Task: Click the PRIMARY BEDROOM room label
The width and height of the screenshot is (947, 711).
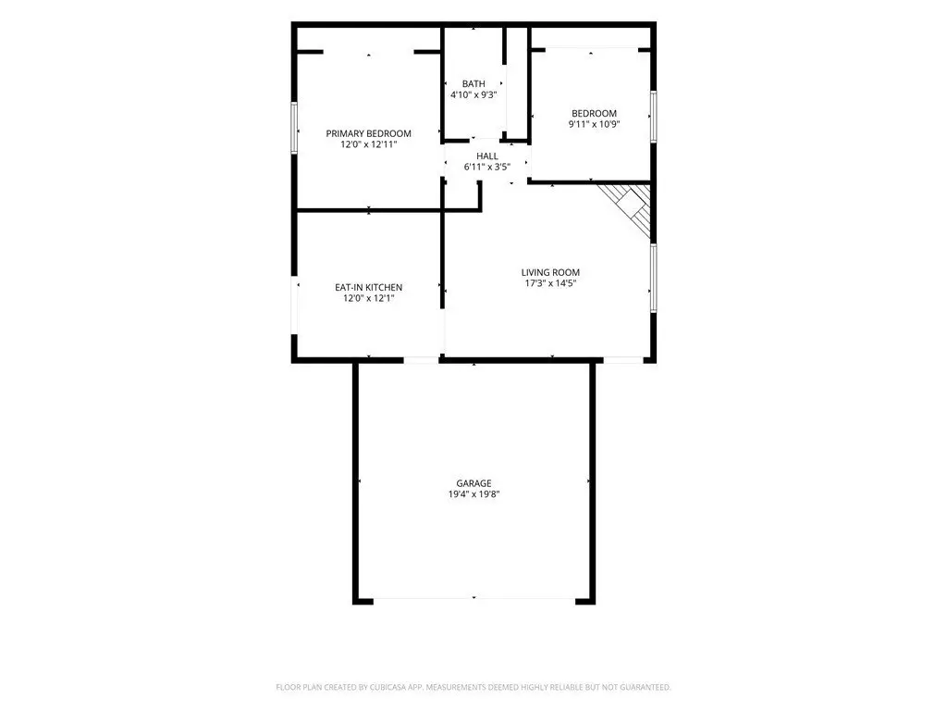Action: coord(368,133)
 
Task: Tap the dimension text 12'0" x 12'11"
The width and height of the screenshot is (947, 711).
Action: coord(368,144)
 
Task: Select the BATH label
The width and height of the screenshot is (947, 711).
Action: coord(473,84)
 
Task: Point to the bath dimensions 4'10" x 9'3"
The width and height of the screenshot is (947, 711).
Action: coord(473,95)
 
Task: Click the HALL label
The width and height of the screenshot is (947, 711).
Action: coord(487,156)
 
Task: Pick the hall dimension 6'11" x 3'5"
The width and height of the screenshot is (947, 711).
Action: coord(487,167)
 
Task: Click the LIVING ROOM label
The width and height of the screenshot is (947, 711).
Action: coord(550,273)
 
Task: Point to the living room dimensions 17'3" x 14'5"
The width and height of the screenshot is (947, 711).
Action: coord(550,283)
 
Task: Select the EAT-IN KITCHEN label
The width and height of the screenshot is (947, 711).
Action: coord(368,288)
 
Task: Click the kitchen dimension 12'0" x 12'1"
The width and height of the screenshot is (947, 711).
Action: coord(368,299)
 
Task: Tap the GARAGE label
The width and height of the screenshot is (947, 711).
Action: coord(473,483)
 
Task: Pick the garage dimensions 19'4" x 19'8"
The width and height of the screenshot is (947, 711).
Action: coord(473,494)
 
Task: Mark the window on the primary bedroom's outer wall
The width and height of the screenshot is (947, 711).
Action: coord(294,128)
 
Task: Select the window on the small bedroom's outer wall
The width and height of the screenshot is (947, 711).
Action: coord(654,117)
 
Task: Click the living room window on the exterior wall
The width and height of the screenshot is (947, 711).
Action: coord(654,278)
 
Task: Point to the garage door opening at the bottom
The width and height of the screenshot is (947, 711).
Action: coord(474,599)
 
